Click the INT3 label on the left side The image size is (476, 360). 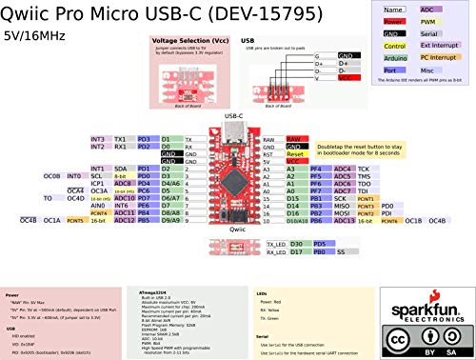click(x=98, y=139)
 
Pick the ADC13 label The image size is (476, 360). click(x=344, y=220)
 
